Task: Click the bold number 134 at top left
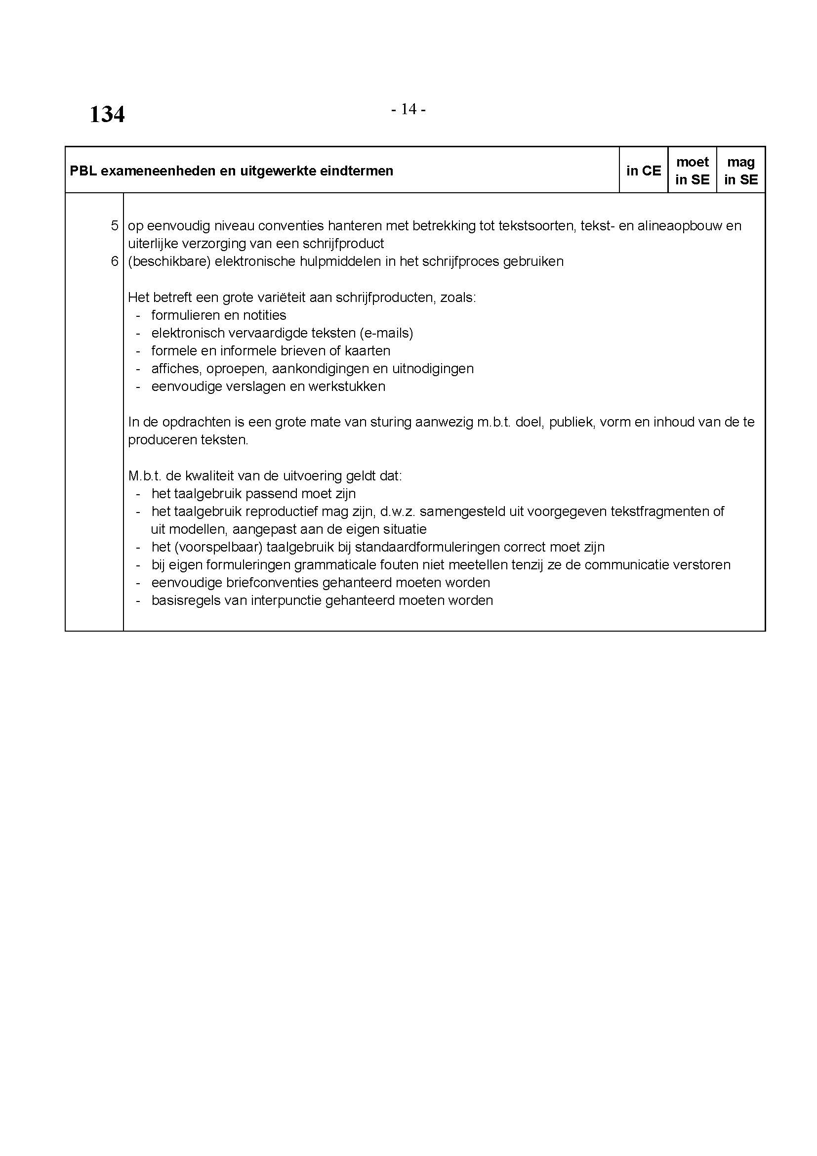point(107,114)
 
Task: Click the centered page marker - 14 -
point(408,109)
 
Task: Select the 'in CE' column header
point(644,171)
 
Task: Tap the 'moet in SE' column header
point(692,171)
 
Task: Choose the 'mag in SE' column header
point(741,171)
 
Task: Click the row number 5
point(115,225)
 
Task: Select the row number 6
point(115,261)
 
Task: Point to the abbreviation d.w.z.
point(398,512)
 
